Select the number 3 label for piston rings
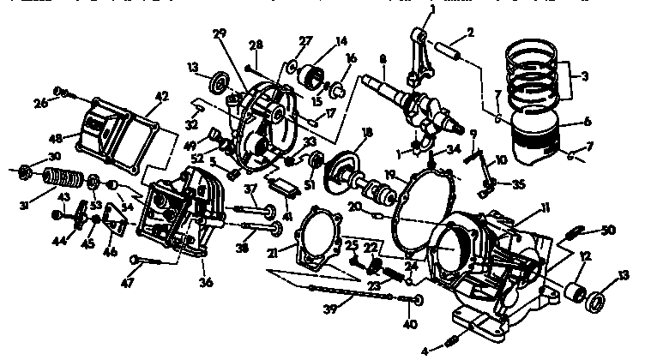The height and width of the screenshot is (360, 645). (587, 76)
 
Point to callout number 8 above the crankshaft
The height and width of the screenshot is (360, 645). (383, 59)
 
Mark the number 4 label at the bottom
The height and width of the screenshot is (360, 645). (423, 350)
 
